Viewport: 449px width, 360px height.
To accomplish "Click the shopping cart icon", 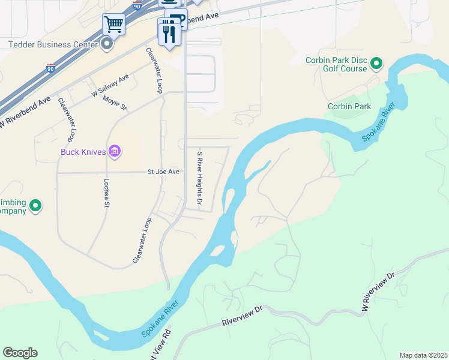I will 113,25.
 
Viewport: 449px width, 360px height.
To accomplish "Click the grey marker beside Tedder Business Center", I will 107,44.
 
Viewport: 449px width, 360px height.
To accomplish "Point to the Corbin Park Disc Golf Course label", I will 336,64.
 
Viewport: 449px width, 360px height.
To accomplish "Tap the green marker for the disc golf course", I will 376,63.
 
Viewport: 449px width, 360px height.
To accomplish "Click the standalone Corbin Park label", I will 349,106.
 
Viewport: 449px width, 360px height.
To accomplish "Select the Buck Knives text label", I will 83,152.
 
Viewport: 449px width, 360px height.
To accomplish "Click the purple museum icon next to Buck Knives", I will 115,152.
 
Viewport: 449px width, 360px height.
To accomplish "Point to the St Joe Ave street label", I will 164,172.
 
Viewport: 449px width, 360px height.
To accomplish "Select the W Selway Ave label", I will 110,86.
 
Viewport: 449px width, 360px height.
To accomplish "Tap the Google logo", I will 20,353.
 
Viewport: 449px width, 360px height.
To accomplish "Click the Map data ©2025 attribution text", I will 423,355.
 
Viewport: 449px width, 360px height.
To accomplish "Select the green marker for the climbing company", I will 35,206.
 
